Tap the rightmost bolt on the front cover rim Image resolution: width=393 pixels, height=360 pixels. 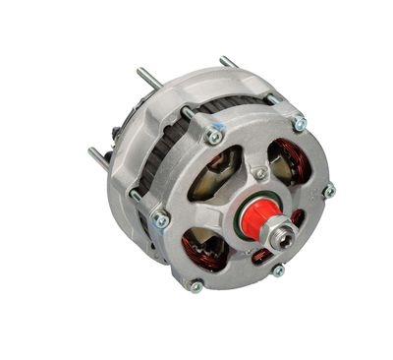pyautogui.click(x=328, y=190)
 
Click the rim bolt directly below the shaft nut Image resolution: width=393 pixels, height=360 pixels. pyautogui.click(x=278, y=270)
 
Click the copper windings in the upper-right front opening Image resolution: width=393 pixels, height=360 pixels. pyautogui.click(x=293, y=157)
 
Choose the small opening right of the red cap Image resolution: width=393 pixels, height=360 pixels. pyautogui.click(x=298, y=217)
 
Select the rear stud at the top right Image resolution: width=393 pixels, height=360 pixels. pyautogui.click(x=228, y=62)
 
